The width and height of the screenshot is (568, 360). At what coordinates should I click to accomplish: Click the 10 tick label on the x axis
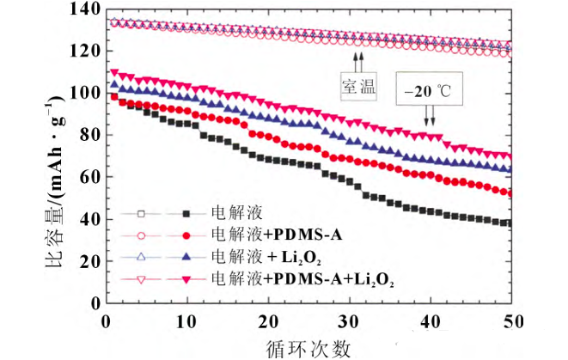[x=186, y=320]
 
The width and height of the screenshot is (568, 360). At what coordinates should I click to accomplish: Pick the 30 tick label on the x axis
[x=348, y=320]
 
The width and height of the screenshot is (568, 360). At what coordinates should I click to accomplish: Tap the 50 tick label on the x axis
[x=510, y=320]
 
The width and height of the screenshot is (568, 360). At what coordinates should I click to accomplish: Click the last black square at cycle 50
[x=510, y=223]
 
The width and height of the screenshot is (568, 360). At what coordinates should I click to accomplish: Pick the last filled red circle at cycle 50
[x=510, y=193]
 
